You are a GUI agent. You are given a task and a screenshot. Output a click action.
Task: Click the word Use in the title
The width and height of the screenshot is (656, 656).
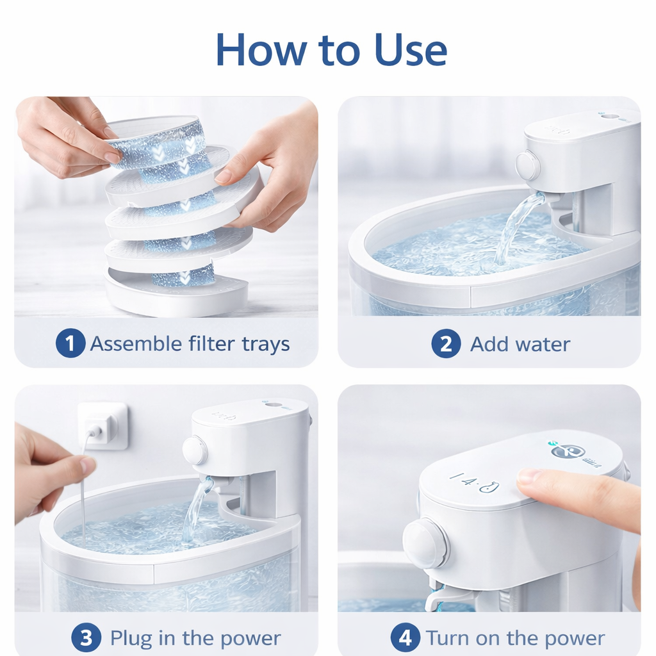coord(411,50)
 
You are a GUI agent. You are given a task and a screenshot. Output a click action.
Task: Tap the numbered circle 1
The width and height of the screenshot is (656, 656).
coord(70,343)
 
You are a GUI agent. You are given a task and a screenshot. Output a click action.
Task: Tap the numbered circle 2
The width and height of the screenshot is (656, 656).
coord(446,343)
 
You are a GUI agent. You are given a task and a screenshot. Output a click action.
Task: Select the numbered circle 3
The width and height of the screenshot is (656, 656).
coord(86,638)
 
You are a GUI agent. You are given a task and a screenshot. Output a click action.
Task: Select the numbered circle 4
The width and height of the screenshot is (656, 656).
coord(405,637)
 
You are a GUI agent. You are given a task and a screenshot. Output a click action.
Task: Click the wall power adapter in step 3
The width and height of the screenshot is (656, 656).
coord(103,425)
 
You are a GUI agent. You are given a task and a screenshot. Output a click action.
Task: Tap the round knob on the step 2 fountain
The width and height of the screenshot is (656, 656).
coord(528,166)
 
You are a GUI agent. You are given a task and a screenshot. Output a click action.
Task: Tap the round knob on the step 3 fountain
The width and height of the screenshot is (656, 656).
coord(195,450)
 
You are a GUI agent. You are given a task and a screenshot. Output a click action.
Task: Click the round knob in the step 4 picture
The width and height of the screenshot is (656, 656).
coord(425,543)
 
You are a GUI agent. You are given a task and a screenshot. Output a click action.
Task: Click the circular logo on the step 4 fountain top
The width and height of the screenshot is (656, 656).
coord(567,452)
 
